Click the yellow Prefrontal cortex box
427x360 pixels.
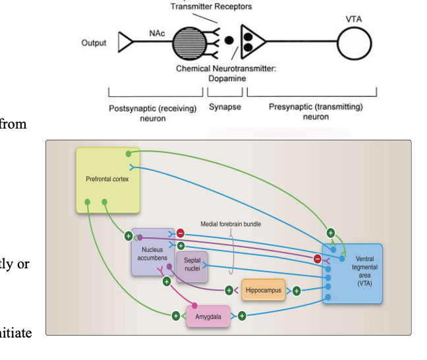[x=107, y=179]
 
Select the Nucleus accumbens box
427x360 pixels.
[x=151, y=254]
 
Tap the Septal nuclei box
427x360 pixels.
[x=192, y=265]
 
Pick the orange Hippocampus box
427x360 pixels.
[x=263, y=290]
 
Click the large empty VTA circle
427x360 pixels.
[x=356, y=43]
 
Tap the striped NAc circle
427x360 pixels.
[x=190, y=44]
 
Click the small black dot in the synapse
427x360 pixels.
[x=229, y=40]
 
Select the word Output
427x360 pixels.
[x=94, y=44]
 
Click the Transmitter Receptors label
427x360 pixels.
[x=211, y=7]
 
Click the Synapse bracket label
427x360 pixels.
[x=225, y=107]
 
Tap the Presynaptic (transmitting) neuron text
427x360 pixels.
[x=316, y=111]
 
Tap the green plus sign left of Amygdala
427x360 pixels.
[x=176, y=316]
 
